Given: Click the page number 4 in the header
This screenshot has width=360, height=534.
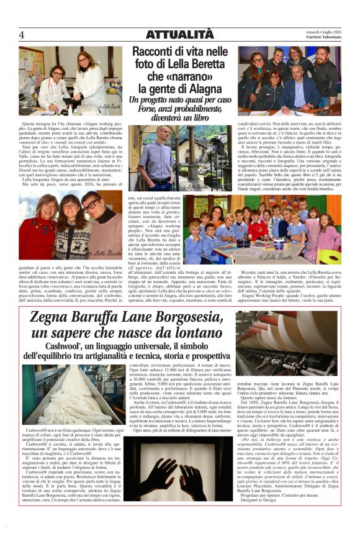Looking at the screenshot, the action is coord(21,35).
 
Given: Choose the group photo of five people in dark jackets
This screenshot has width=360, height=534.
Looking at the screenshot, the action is coord(290,78).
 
